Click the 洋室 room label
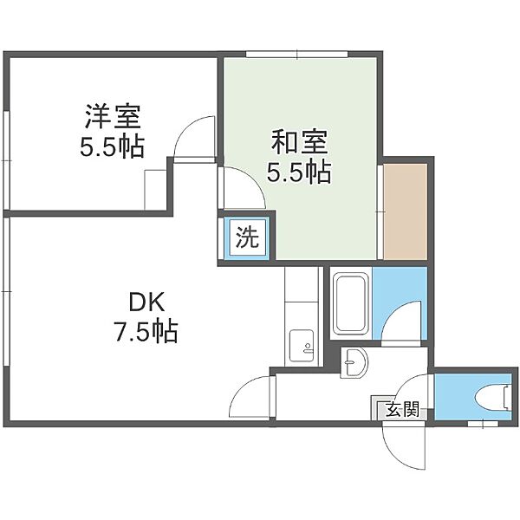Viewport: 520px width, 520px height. tap(113, 116)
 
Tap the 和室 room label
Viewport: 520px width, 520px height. tap(300, 142)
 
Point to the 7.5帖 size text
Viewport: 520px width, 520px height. tap(146, 331)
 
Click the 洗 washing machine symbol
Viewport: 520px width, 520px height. tap(247, 237)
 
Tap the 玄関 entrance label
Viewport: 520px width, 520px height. tap(403, 409)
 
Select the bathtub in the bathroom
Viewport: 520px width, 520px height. tap(351, 303)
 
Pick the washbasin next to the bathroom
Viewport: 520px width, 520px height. tap(354, 362)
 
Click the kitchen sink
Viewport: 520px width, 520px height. tap(301, 347)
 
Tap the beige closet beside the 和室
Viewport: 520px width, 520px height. tap(406, 211)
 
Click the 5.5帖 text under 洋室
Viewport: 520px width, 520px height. tap(113, 146)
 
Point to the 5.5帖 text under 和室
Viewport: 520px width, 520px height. tap(300, 172)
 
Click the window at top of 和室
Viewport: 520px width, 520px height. tap(296, 55)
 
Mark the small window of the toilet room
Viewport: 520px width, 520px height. tap(483, 424)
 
